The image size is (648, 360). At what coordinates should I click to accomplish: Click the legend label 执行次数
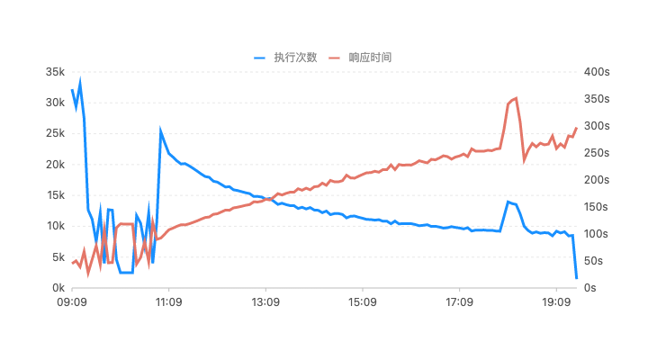(x=296, y=57)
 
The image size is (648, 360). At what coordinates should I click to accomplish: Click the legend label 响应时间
(x=370, y=57)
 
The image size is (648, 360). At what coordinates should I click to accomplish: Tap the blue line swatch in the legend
(x=261, y=57)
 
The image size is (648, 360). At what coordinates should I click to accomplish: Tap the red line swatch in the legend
(x=335, y=57)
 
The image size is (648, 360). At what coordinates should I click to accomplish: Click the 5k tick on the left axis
(x=57, y=256)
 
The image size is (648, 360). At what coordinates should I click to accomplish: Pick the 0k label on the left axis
(x=57, y=288)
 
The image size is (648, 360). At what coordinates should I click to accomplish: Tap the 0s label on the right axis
(x=591, y=288)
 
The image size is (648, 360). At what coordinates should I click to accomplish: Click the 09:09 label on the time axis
(x=72, y=302)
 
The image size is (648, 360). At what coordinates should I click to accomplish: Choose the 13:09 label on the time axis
(x=265, y=302)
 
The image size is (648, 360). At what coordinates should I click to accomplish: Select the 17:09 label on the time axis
(x=459, y=302)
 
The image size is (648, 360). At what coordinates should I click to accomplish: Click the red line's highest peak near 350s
(x=515, y=98)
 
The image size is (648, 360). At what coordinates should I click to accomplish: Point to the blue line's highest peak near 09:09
(x=80, y=81)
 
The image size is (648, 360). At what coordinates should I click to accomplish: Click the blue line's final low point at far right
(x=576, y=278)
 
